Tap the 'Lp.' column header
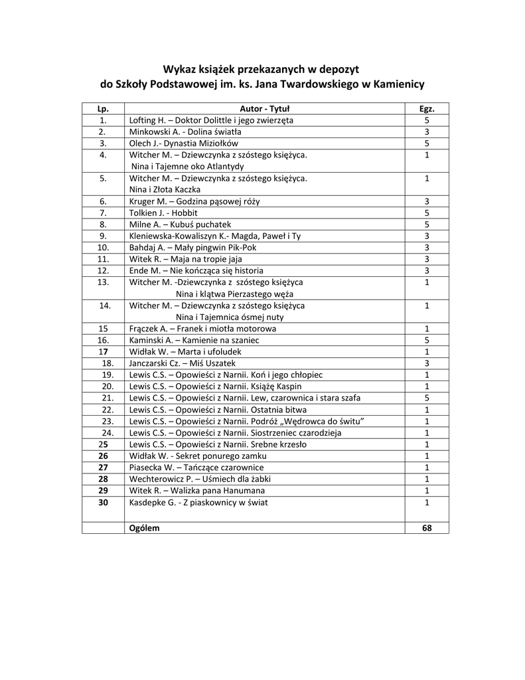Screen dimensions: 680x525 103,109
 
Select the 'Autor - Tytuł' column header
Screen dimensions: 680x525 265,109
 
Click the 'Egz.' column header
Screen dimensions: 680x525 427,109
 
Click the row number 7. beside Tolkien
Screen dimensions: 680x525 103,213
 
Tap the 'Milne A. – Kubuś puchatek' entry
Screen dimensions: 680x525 180,224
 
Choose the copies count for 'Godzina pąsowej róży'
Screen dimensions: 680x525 427,201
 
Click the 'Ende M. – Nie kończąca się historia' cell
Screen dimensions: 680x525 196,271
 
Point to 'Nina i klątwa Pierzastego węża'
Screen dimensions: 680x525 234,294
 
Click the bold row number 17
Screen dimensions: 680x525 103,352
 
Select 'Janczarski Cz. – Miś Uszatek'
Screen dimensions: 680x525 183,363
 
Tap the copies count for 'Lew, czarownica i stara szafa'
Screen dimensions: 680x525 427,398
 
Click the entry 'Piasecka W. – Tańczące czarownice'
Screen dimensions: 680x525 196,467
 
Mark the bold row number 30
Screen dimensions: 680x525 103,502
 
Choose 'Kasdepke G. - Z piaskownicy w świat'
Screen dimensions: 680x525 199,502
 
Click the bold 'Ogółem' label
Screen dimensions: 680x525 145,528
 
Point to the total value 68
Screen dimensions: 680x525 427,528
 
